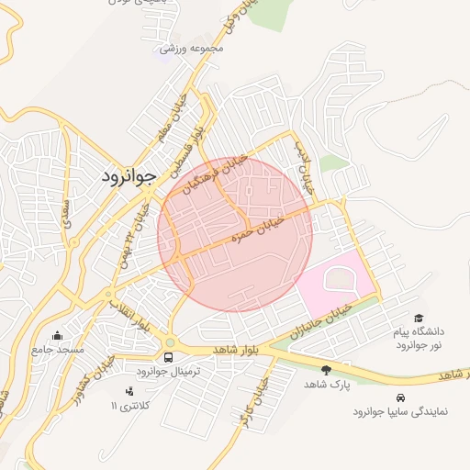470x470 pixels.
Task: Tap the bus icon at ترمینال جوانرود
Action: [x=168, y=357]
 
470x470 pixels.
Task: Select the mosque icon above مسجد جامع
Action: [x=59, y=335]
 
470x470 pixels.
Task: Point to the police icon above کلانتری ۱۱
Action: [x=129, y=392]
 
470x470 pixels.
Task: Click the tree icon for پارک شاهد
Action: [x=326, y=370]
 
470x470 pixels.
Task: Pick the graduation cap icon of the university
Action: [x=419, y=317]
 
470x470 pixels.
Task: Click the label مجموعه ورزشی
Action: [x=185, y=49]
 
